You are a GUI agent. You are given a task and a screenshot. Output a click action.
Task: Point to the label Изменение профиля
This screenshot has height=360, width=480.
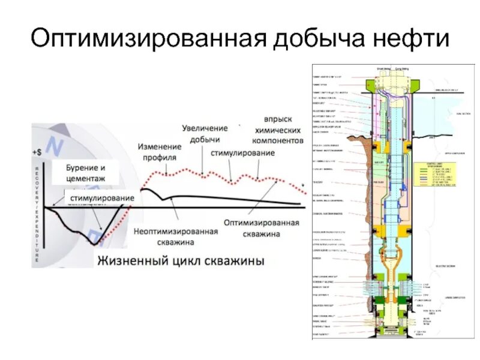tap(159, 152)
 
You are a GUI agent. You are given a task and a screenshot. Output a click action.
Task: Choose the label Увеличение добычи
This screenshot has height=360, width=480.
tap(205, 134)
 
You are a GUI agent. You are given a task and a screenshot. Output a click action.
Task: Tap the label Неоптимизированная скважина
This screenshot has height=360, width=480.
tap(175, 236)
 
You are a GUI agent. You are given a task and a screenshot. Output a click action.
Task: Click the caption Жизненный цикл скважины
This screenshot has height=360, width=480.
tap(179, 262)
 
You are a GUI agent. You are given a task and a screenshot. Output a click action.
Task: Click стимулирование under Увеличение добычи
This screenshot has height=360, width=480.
tap(242, 153)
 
